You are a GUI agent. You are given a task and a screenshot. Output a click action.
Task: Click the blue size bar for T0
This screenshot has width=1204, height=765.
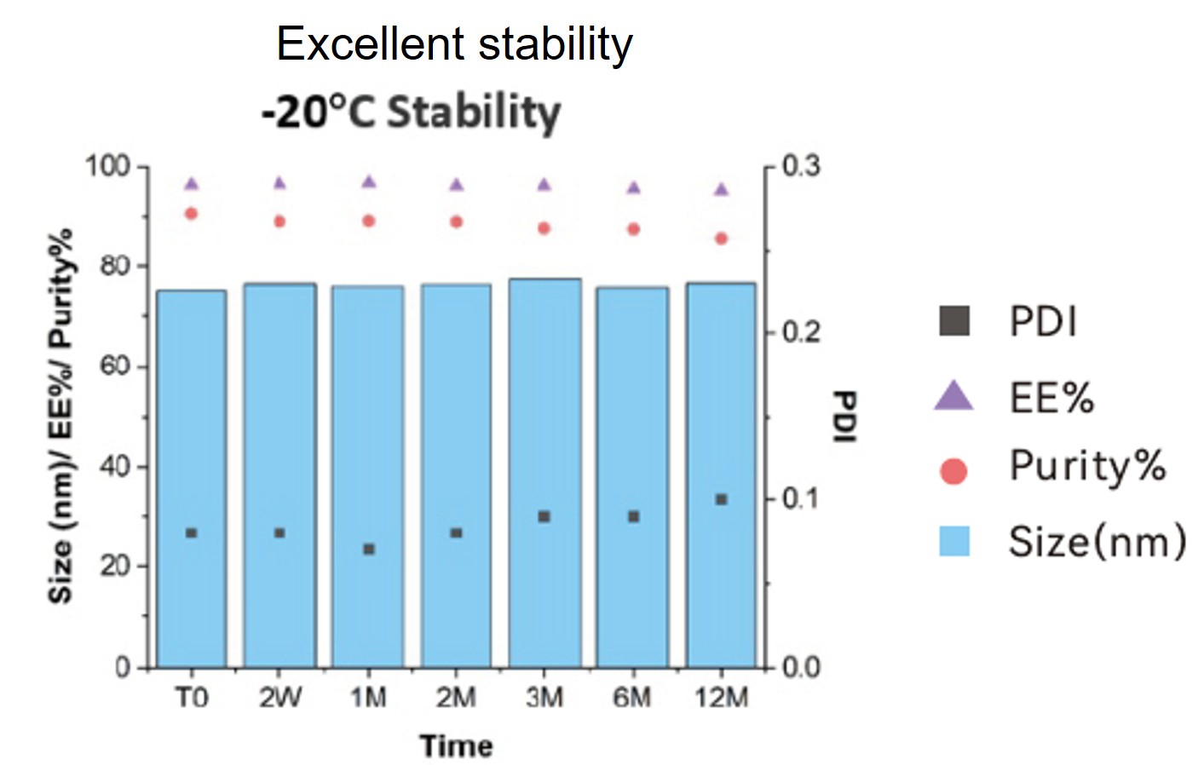pyautogui.click(x=192, y=477)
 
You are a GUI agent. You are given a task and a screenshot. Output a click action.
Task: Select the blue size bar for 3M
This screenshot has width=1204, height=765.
pyautogui.click(x=544, y=473)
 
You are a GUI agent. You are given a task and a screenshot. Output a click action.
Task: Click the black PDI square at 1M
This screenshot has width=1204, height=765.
pyautogui.click(x=369, y=549)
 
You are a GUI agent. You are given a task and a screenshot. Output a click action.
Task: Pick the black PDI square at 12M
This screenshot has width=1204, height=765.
pyautogui.click(x=722, y=499)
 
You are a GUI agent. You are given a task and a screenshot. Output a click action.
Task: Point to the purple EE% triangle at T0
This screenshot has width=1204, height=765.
pyautogui.click(x=192, y=184)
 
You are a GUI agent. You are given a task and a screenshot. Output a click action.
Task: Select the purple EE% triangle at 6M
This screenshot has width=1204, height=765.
pyautogui.click(x=633, y=187)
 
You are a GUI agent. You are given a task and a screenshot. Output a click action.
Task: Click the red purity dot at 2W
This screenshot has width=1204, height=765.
pyautogui.click(x=279, y=221)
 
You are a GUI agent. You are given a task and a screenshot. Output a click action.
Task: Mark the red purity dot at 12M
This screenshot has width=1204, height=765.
pyautogui.click(x=722, y=239)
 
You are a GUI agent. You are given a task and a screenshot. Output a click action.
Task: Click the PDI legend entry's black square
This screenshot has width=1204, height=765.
pyautogui.click(x=954, y=322)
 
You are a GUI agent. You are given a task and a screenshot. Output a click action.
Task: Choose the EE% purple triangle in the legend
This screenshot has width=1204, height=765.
pyautogui.click(x=953, y=396)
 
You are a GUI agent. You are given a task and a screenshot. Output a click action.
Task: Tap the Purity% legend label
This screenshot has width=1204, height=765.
pyautogui.click(x=1087, y=467)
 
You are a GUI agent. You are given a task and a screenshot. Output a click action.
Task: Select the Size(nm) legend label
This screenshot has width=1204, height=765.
pyautogui.click(x=1097, y=542)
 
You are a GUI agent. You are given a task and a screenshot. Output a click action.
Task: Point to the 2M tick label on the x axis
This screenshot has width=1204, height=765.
pyautogui.click(x=456, y=699)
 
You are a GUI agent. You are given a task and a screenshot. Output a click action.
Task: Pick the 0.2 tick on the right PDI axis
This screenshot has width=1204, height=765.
pyautogui.click(x=801, y=331)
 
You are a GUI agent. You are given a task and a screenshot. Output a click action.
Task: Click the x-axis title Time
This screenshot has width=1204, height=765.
pyautogui.click(x=456, y=746)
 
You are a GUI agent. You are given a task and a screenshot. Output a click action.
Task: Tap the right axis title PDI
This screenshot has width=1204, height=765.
pyautogui.click(x=844, y=417)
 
